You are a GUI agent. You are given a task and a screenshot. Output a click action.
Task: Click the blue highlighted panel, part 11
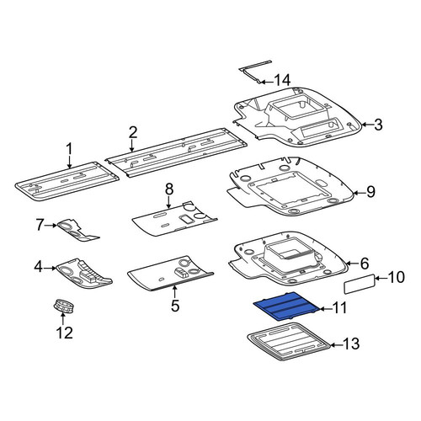tap(285, 306)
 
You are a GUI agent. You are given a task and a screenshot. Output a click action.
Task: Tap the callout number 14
tap(282, 81)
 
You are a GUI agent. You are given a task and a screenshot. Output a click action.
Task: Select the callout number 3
tap(378, 125)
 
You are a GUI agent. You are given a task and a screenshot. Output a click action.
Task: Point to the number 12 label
tap(64, 333)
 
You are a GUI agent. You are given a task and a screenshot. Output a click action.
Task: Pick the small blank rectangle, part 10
tap(360, 284)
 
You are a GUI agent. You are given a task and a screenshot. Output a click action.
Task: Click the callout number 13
tap(351, 344)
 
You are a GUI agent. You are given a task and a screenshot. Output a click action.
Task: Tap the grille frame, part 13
tap(288, 341)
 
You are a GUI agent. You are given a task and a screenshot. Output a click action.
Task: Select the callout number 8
tap(169, 189)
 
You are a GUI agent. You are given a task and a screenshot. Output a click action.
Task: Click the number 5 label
tap(175, 306)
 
